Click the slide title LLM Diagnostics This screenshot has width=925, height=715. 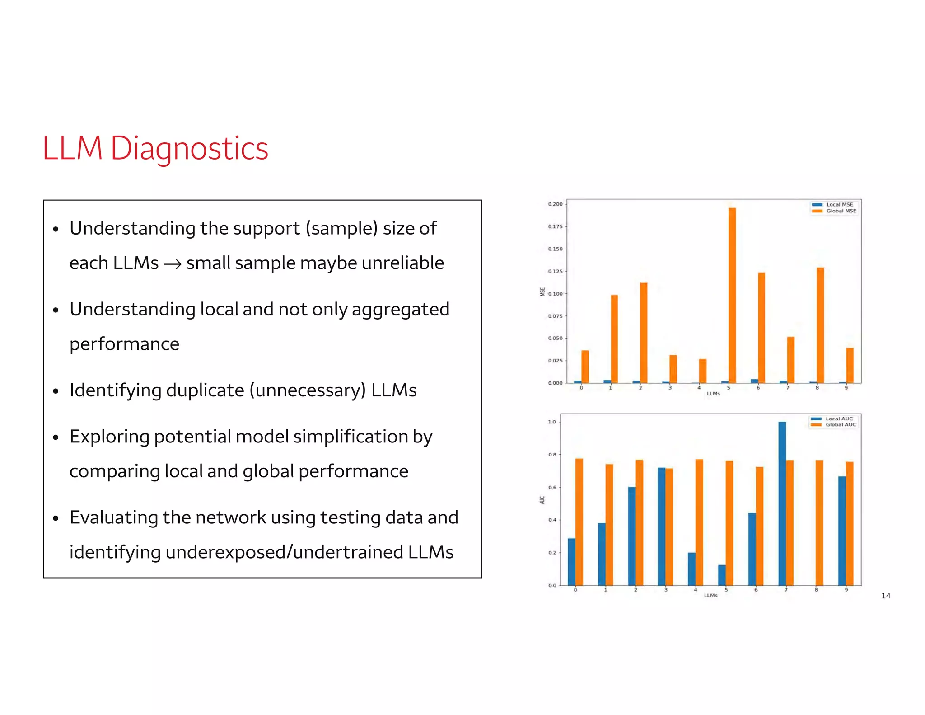pos(155,149)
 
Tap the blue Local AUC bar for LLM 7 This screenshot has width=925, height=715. pos(782,503)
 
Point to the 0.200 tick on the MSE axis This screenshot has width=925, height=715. pos(555,204)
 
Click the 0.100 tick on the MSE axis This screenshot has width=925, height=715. pos(555,294)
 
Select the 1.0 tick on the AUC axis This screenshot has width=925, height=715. pos(552,422)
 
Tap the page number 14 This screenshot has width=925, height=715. pos(886,596)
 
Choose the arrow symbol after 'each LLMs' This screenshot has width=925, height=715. pos(172,263)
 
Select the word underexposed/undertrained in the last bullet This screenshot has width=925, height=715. pos(284,552)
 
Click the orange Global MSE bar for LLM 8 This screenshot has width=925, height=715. pos(820,325)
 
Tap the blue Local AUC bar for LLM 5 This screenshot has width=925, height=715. pos(722,575)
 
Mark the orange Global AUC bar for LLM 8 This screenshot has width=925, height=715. pos(819,522)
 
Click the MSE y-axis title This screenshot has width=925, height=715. pos(542,292)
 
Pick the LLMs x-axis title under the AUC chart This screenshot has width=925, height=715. pos(710,596)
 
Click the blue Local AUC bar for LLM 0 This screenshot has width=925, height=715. pos(572,562)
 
